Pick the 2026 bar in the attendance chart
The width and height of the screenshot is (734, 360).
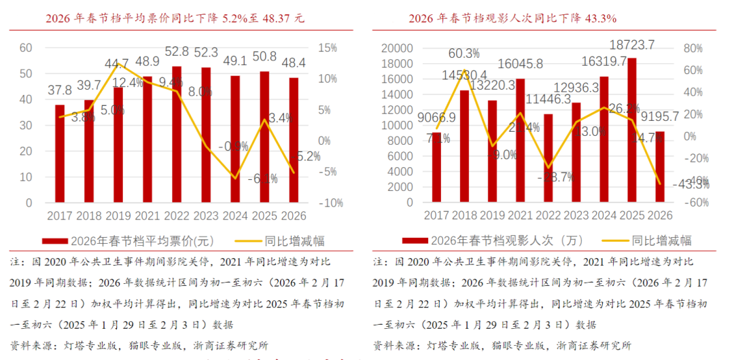[x=660, y=167]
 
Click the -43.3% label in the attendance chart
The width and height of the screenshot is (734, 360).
[x=691, y=183]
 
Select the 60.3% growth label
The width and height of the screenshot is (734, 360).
[x=464, y=53]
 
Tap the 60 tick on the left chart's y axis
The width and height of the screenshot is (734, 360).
[x=26, y=48]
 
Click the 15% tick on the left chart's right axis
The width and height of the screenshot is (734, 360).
[x=327, y=48]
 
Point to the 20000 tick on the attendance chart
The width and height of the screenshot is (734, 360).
[x=398, y=48]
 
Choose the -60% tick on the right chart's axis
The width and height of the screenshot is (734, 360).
[x=695, y=202]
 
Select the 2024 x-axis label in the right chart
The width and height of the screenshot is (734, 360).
[x=602, y=216]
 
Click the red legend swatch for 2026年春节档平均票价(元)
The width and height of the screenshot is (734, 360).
[x=54, y=241]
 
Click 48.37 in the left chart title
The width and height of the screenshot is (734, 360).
[x=269, y=18]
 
